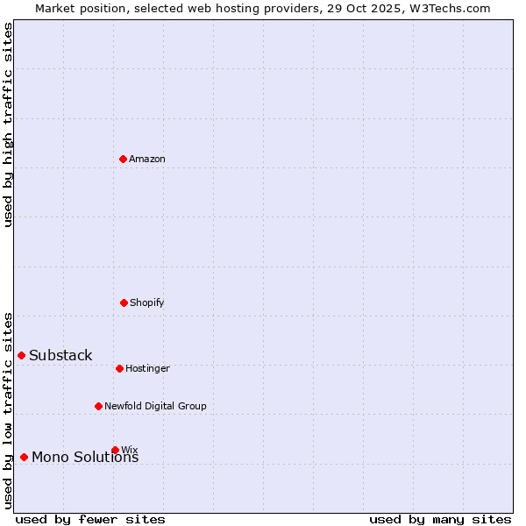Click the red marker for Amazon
[123, 159]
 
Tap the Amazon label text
[147, 159]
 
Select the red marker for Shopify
[124, 302]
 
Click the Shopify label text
[147, 303]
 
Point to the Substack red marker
[21, 355]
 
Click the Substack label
[60, 355]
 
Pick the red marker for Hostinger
[119, 368]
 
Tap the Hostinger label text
[147, 369]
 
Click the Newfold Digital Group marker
[98, 406]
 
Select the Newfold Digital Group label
[155, 406]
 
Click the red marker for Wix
[115, 450]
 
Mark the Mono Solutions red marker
[24, 457]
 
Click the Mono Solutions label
[85, 458]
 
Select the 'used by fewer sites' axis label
[90, 519]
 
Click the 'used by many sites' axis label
[440, 519]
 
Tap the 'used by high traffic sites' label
[8, 124]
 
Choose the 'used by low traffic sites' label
[8, 410]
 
